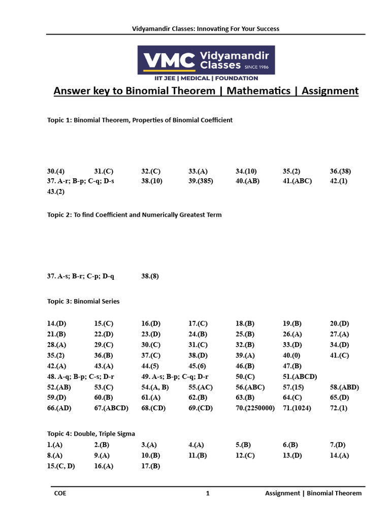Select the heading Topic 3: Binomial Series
click(83, 301)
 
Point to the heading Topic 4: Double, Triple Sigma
click(91, 434)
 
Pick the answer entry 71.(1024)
click(297, 408)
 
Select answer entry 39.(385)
click(201, 181)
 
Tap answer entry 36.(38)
click(340, 171)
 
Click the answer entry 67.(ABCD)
click(111, 408)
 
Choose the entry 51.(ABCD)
click(300, 376)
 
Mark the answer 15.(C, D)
click(61, 466)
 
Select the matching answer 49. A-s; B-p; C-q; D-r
click(175, 376)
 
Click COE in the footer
click(60, 493)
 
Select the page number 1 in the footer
click(208, 493)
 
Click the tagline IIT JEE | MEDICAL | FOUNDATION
click(206, 78)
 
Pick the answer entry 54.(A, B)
click(155, 387)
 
